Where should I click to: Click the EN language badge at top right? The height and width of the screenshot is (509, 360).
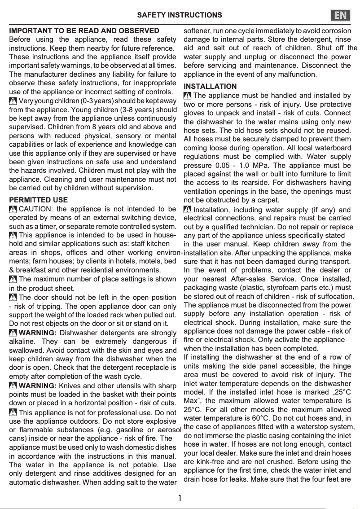coord(341,15)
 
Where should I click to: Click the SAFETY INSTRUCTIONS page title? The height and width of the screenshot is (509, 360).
coord(180,15)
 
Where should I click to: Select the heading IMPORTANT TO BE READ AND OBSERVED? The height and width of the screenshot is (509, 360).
coord(84,31)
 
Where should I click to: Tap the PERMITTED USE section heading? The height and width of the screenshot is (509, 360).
coord(39,200)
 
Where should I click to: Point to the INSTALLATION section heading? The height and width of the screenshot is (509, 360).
coord(211,86)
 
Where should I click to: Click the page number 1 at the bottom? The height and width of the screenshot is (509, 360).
coord(180,498)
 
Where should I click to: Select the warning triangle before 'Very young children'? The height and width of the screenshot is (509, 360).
coord(13,100)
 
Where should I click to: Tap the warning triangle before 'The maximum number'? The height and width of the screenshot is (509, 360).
coord(13,279)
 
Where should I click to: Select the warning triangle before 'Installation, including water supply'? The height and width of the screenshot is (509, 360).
coord(188,210)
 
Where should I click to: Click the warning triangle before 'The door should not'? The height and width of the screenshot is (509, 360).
coord(13,297)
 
